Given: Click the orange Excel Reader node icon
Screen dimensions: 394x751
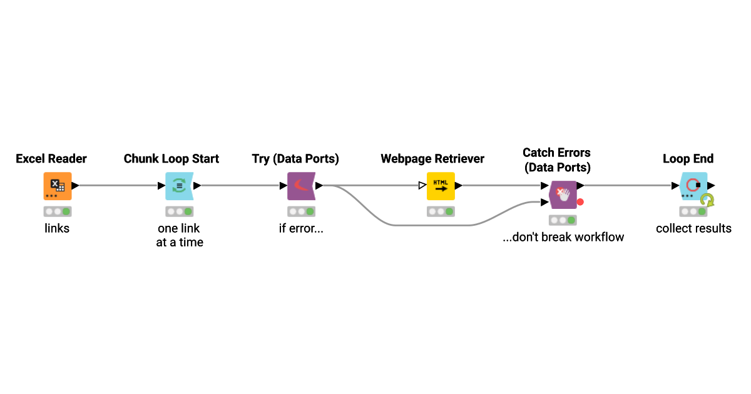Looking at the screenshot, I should [x=57, y=186].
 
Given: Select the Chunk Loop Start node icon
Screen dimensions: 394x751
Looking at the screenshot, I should [x=179, y=186].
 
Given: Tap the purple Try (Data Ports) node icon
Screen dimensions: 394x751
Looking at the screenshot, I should [x=301, y=186].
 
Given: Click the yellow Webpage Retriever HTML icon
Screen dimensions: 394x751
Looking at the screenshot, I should [x=441, y=186].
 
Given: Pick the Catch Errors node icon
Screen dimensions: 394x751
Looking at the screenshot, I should [x=563, y=194].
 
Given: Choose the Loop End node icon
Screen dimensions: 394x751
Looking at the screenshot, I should [x=693, y=186].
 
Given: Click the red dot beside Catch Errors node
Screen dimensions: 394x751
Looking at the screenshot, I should [x=580, y=202].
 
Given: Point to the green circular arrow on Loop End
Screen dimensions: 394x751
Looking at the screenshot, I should [x=707, y=200].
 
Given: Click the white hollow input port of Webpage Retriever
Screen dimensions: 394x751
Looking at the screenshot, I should [x=422, y=186].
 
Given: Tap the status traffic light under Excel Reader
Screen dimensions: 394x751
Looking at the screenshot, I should [x=57, y=211].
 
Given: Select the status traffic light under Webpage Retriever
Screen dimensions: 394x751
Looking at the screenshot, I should [x=441, y=211].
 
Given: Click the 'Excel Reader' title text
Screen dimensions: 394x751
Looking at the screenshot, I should [x=51, y=159].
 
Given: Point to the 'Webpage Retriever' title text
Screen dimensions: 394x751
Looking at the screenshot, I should [x=432, y=159].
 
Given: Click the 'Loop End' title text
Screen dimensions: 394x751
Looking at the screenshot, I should [x=688, y=159].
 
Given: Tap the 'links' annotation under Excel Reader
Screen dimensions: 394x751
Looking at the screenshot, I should [x=57, y=228].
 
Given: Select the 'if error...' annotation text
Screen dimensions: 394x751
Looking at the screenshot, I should [x=301, y=228].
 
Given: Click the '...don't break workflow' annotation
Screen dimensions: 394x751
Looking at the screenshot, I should [x=563, y=237].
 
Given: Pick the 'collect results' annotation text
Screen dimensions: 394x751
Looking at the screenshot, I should [x=693, y=228].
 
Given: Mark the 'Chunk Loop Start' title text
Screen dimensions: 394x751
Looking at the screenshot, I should [x=171, y=159].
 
